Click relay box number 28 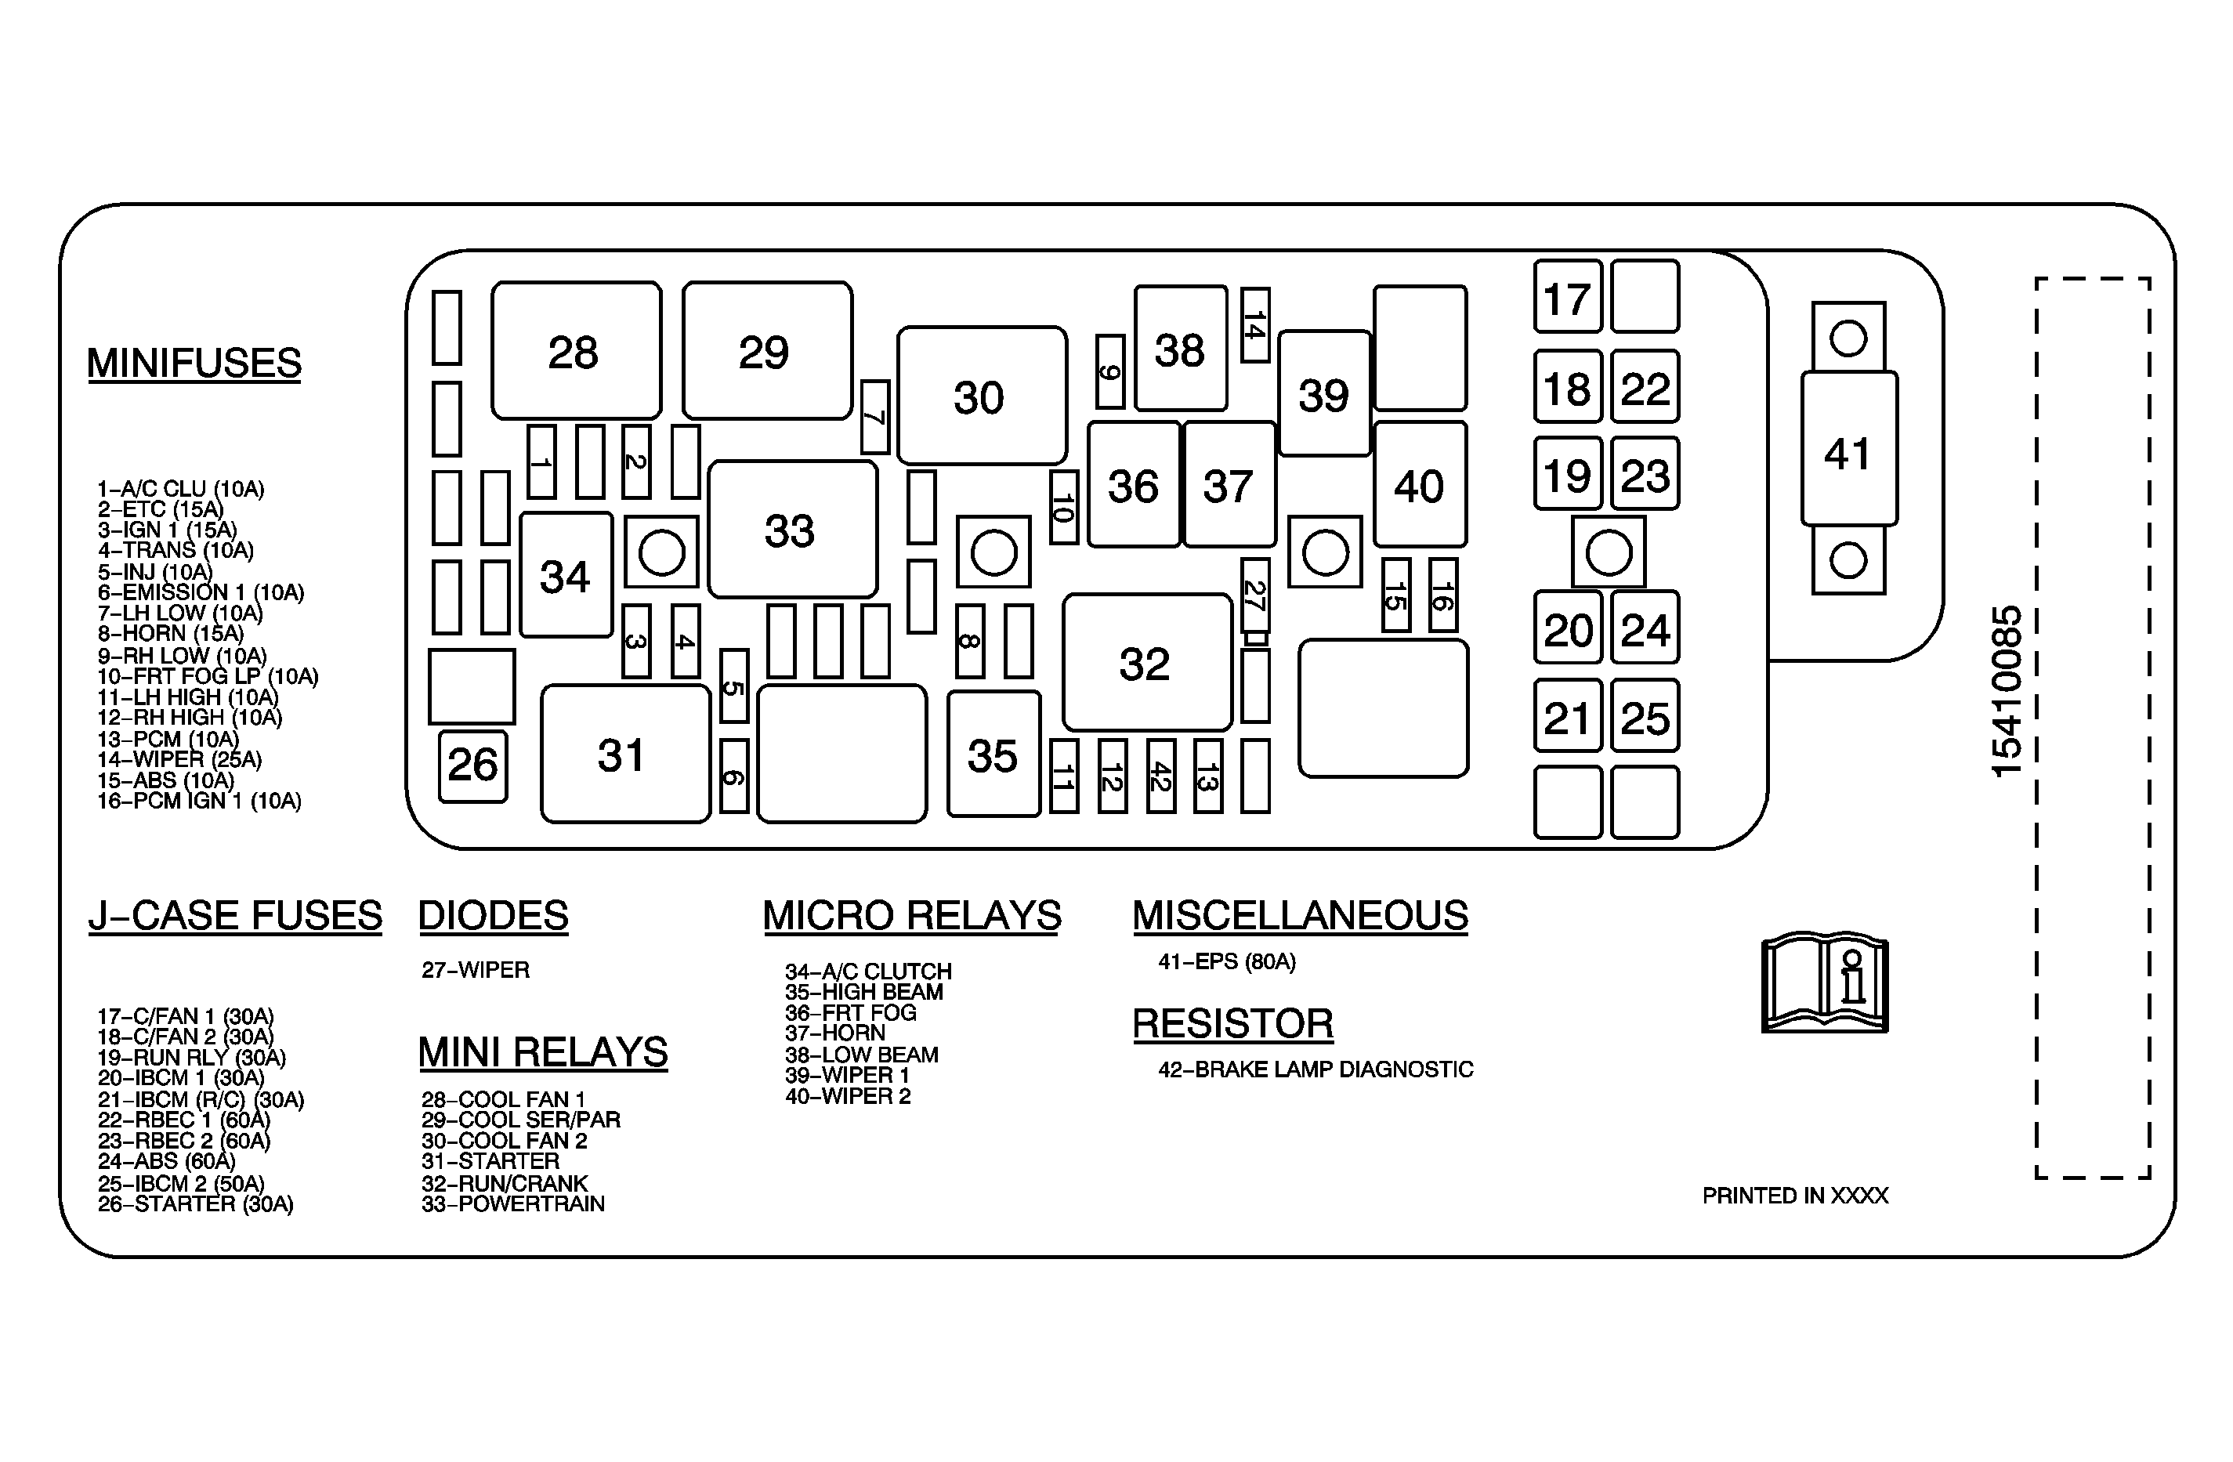click(576, 350)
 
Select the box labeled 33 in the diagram click(793, 529)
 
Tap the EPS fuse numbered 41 click(1848, 448)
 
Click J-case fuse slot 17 click(1568, 296)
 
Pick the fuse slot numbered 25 click(1645, 716)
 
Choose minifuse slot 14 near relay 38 click(1255, 324)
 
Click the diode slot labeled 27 click(1255, 596)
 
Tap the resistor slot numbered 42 click(1160, 776)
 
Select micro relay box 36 click(1135, 484)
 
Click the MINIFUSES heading click(194, 364)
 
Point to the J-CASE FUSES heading click(236, 916)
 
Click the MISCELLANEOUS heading click(1301, 916)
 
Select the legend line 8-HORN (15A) click(171, 633)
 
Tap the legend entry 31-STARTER click(490, 1162)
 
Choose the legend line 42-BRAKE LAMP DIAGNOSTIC click(1316, 1069)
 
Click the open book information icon click(1825, 983)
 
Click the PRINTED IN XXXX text click(1795, 1196)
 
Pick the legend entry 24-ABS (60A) click(166, 1162)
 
